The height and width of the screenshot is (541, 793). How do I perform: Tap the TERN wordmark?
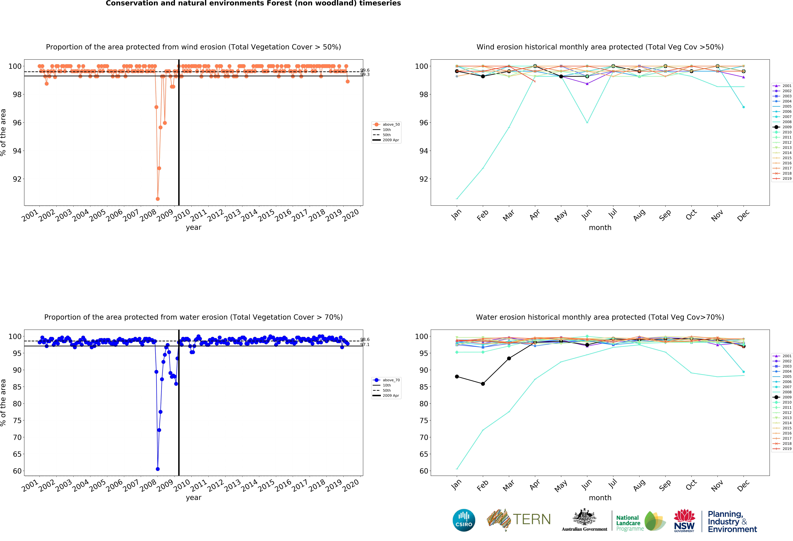532,519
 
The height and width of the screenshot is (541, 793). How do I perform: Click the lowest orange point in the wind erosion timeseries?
158,199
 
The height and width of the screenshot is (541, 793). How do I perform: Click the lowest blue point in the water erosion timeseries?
158,469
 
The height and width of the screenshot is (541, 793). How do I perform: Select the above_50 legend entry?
387,124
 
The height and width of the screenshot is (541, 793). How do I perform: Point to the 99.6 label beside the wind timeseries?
365,70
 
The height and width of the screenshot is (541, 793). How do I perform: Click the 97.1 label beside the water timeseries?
365,345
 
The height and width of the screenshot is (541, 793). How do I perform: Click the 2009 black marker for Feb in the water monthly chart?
483,384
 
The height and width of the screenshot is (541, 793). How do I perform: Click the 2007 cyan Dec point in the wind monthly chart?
744,107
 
